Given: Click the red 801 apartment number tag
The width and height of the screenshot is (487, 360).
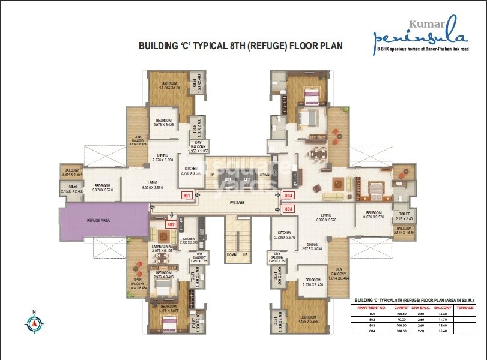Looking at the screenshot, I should [187, 196].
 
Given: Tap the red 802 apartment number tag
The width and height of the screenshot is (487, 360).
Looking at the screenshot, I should [171, 224].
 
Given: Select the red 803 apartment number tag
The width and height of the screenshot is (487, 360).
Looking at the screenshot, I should [288, 209].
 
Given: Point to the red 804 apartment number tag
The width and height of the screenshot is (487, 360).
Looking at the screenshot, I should [288, 196].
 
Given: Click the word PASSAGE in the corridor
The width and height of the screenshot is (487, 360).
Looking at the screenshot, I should [237, 203].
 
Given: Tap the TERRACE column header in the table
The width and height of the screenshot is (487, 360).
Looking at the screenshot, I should [465, 308].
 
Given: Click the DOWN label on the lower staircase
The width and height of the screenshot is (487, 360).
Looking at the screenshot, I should [231, 254].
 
